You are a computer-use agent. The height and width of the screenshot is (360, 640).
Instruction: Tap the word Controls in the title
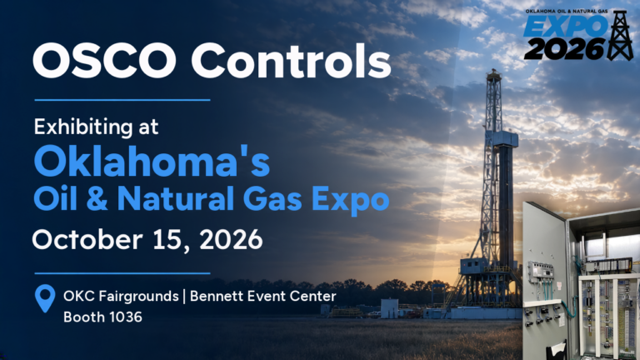click(x=291, y=60)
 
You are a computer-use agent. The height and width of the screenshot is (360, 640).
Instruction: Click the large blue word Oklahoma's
click(x=152, y=161)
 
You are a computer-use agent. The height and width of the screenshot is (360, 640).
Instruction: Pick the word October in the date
click(x=87, y=239)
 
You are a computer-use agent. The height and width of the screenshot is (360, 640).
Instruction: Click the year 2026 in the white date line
click(x=231, y=240)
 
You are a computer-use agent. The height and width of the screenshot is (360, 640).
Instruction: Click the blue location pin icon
click(x=45, y=297)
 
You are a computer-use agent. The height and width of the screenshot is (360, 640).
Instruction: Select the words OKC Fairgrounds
click(x=121, y=296)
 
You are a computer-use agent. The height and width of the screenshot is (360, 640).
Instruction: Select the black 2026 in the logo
click(x=564, y=49)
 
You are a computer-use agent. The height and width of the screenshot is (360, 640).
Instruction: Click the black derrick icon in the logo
click(x=620, y=36)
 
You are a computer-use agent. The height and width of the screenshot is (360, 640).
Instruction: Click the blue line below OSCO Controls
click(x=122, y=100)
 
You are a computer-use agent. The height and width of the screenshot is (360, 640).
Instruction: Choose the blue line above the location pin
click(x=122, y=273)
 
